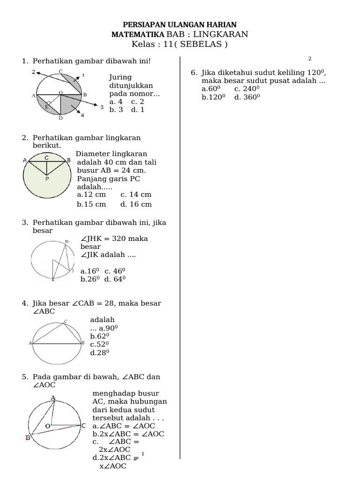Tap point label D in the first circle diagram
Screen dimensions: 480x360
[60, 118]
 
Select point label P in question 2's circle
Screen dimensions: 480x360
[47, 179]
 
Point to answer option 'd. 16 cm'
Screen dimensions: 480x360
[136, 204]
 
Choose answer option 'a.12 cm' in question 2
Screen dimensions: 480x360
[91, 194]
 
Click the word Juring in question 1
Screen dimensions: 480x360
[120, 77]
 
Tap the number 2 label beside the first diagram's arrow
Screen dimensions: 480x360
[34, 72]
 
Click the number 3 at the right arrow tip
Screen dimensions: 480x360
[102, 107]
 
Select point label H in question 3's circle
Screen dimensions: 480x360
[67, 241]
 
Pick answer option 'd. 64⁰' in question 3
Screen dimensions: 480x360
[115, 279]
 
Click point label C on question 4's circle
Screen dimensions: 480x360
[66, 321]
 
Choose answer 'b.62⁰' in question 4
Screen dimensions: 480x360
[99, 336]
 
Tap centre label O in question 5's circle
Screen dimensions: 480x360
[48, 426]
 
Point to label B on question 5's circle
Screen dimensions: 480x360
[28, 438]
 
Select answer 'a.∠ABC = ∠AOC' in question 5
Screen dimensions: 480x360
[124, 426]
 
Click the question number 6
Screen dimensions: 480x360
[193, 73]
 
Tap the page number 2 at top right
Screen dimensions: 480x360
[310, 59]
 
